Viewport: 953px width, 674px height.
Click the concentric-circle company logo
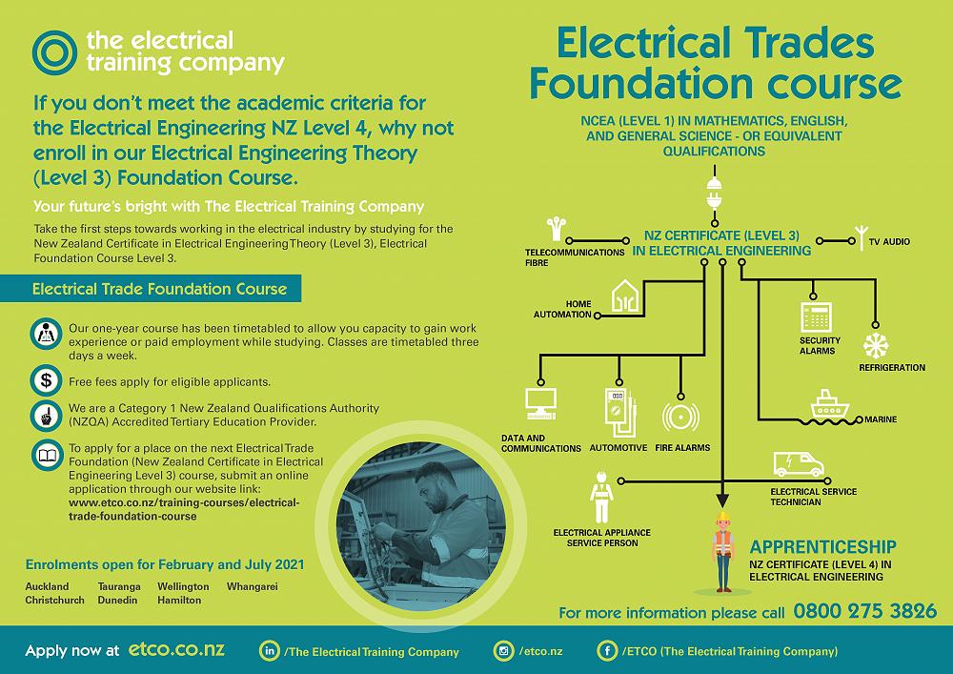point(54,52)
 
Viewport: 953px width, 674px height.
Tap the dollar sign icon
point(46,380)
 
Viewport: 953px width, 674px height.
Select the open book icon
point(47,455)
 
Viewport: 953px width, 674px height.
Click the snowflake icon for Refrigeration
point(876,346)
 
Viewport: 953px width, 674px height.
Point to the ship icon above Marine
point(830,403)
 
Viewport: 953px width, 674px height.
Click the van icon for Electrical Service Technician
point(798,464)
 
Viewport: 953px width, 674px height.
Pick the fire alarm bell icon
point(680,417)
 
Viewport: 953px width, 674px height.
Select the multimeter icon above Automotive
point(620,412)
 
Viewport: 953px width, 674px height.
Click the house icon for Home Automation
point(625,296)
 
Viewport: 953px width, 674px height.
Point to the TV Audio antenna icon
point(861,237)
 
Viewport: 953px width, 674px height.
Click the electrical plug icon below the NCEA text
point(714,194)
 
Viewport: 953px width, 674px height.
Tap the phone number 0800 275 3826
point(865,611)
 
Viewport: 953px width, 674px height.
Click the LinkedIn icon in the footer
point(269,651)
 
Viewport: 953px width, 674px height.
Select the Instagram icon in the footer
point(503,651)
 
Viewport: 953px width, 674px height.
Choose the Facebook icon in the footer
point(606,651)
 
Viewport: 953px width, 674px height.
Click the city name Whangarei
point(253,587)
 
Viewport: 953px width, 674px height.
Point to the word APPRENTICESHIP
point(823,547)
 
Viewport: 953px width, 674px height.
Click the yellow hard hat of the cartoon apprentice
point(722,517)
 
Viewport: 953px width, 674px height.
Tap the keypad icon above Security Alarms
point(816,317)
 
